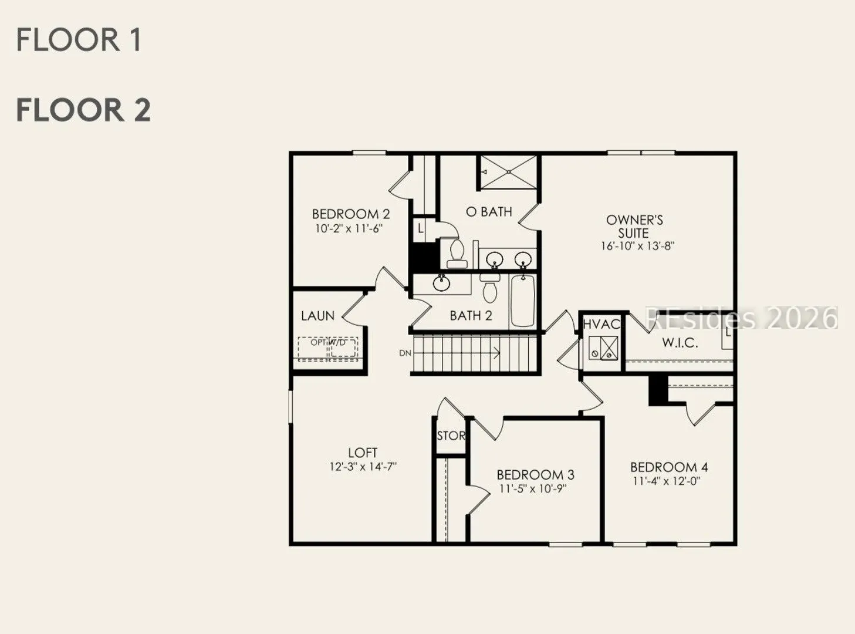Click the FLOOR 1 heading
pos(79,40)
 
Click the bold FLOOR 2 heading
pos(83,110)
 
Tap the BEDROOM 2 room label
pos(351,214)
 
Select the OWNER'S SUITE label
pos(634,227)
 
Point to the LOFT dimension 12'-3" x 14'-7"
pos(363,467)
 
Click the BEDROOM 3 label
pos(535,474)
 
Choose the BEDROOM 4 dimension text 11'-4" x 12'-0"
pos(667,481)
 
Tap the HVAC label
pos(601,324)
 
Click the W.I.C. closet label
pos(680,342)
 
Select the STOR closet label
pos(451,436)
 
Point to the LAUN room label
pos(317,316)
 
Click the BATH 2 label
pos(471,316)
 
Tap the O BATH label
pos(489,211)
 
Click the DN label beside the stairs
pos(405,353)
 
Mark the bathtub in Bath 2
pos(523,301)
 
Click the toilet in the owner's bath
pos(457,254)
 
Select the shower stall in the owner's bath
pos(508,172)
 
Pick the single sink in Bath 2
pos(441,283)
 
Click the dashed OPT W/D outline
pos(327,349)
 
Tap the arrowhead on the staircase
pos(498,352)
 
